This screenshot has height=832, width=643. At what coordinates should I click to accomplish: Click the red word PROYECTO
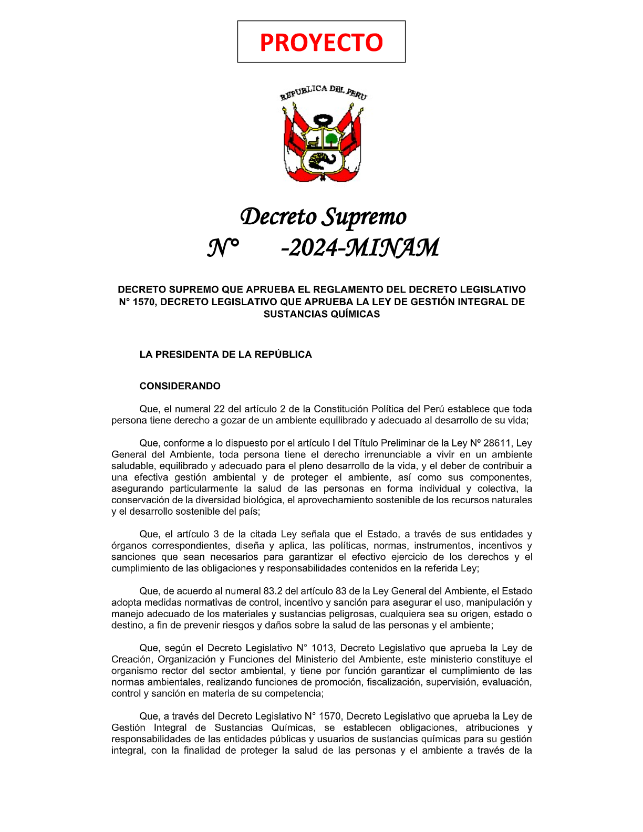pos(321,42)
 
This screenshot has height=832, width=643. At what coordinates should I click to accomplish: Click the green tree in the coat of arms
pos(331,139)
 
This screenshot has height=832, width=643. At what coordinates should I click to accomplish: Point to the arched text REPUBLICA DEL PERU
pos(323,91)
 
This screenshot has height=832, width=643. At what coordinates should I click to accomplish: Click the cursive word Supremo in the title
pos(365,217)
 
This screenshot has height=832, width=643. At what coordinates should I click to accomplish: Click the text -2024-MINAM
pos(360,248)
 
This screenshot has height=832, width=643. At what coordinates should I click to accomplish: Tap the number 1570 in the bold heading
pos(143,302)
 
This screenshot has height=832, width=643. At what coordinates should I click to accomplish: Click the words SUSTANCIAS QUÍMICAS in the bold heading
pos(321,314)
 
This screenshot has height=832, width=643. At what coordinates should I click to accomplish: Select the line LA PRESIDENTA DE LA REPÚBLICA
pos(225,355)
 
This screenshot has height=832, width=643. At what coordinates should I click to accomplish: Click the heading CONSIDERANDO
pos(180,386)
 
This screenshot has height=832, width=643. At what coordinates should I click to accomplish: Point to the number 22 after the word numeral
pos(219,409)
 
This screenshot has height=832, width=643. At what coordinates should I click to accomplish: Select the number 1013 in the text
pos(323,648)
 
